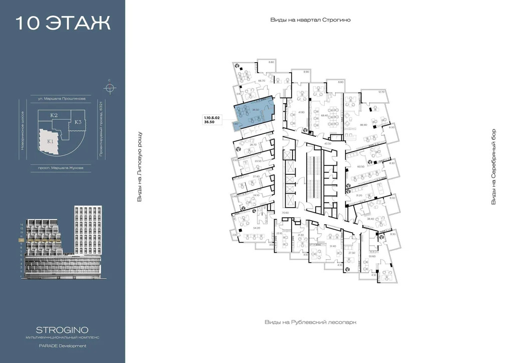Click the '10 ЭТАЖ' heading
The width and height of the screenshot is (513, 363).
click(63, 24)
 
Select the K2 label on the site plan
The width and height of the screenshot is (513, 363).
click(54, 116)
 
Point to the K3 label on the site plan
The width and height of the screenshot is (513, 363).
click(78, 122)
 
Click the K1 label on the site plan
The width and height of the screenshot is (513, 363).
click(51, 141)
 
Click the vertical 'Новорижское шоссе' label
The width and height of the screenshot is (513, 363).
click(23, 131)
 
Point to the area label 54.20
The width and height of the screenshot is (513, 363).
click(256, 228)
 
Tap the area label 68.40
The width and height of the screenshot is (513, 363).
click(325, 115)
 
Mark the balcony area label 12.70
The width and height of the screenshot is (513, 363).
click(381, 92)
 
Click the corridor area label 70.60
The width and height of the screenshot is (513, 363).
click(286, 213)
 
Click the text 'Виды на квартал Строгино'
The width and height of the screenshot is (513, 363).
click(310, 20)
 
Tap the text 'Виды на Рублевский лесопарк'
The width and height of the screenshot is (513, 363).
click(310, 322)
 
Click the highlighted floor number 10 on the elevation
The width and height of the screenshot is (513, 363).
click(21, 240)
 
